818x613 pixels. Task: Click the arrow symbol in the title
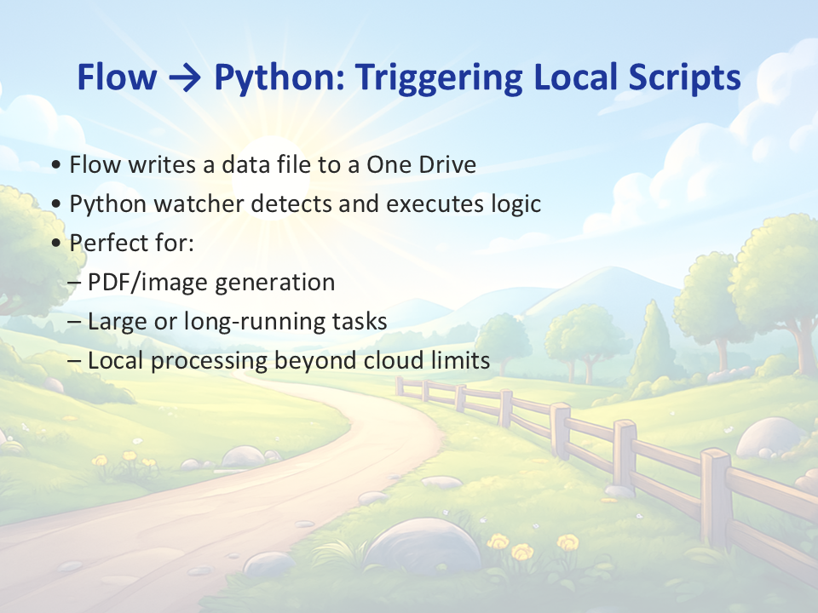(x=185, y=77)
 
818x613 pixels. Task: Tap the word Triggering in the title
(x=440, y=77)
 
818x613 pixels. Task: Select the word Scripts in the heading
(x=684, y=77)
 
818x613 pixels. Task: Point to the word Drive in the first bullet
(x=447, y=164)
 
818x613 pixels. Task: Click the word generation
(x=275, y=283)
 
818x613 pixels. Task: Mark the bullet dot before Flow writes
(x=56, y=165)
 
